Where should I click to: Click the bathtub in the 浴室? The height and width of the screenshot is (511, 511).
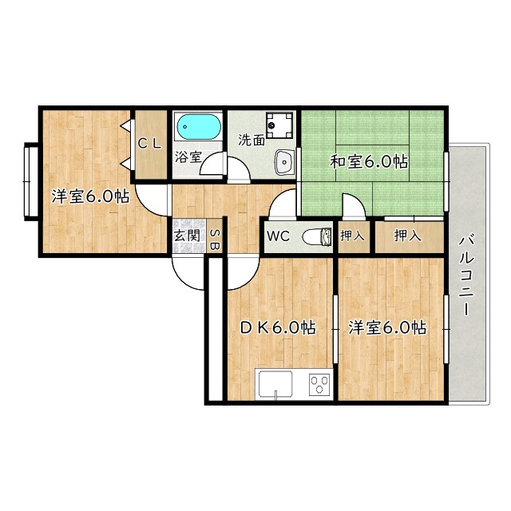coord(198,127)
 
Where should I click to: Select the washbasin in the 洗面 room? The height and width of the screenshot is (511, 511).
coord(283,163)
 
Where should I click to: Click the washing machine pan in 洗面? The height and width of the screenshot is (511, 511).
coord(280,125)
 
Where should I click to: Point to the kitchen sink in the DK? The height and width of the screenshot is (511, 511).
coord(278,386)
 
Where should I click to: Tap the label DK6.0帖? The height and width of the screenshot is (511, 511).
coord(278,327)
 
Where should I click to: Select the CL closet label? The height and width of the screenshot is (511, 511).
coord(149,144)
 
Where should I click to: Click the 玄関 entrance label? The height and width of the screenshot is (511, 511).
coord(186,237)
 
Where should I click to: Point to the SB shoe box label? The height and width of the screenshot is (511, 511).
coord(214,240)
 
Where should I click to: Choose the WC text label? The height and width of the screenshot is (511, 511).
coord(279,236)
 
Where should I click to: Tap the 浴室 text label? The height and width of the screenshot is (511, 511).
coord(188,157)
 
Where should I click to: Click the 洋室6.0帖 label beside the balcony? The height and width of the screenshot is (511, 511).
coord(386,327)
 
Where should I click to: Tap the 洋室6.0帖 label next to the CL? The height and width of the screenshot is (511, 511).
coord(90,196)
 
